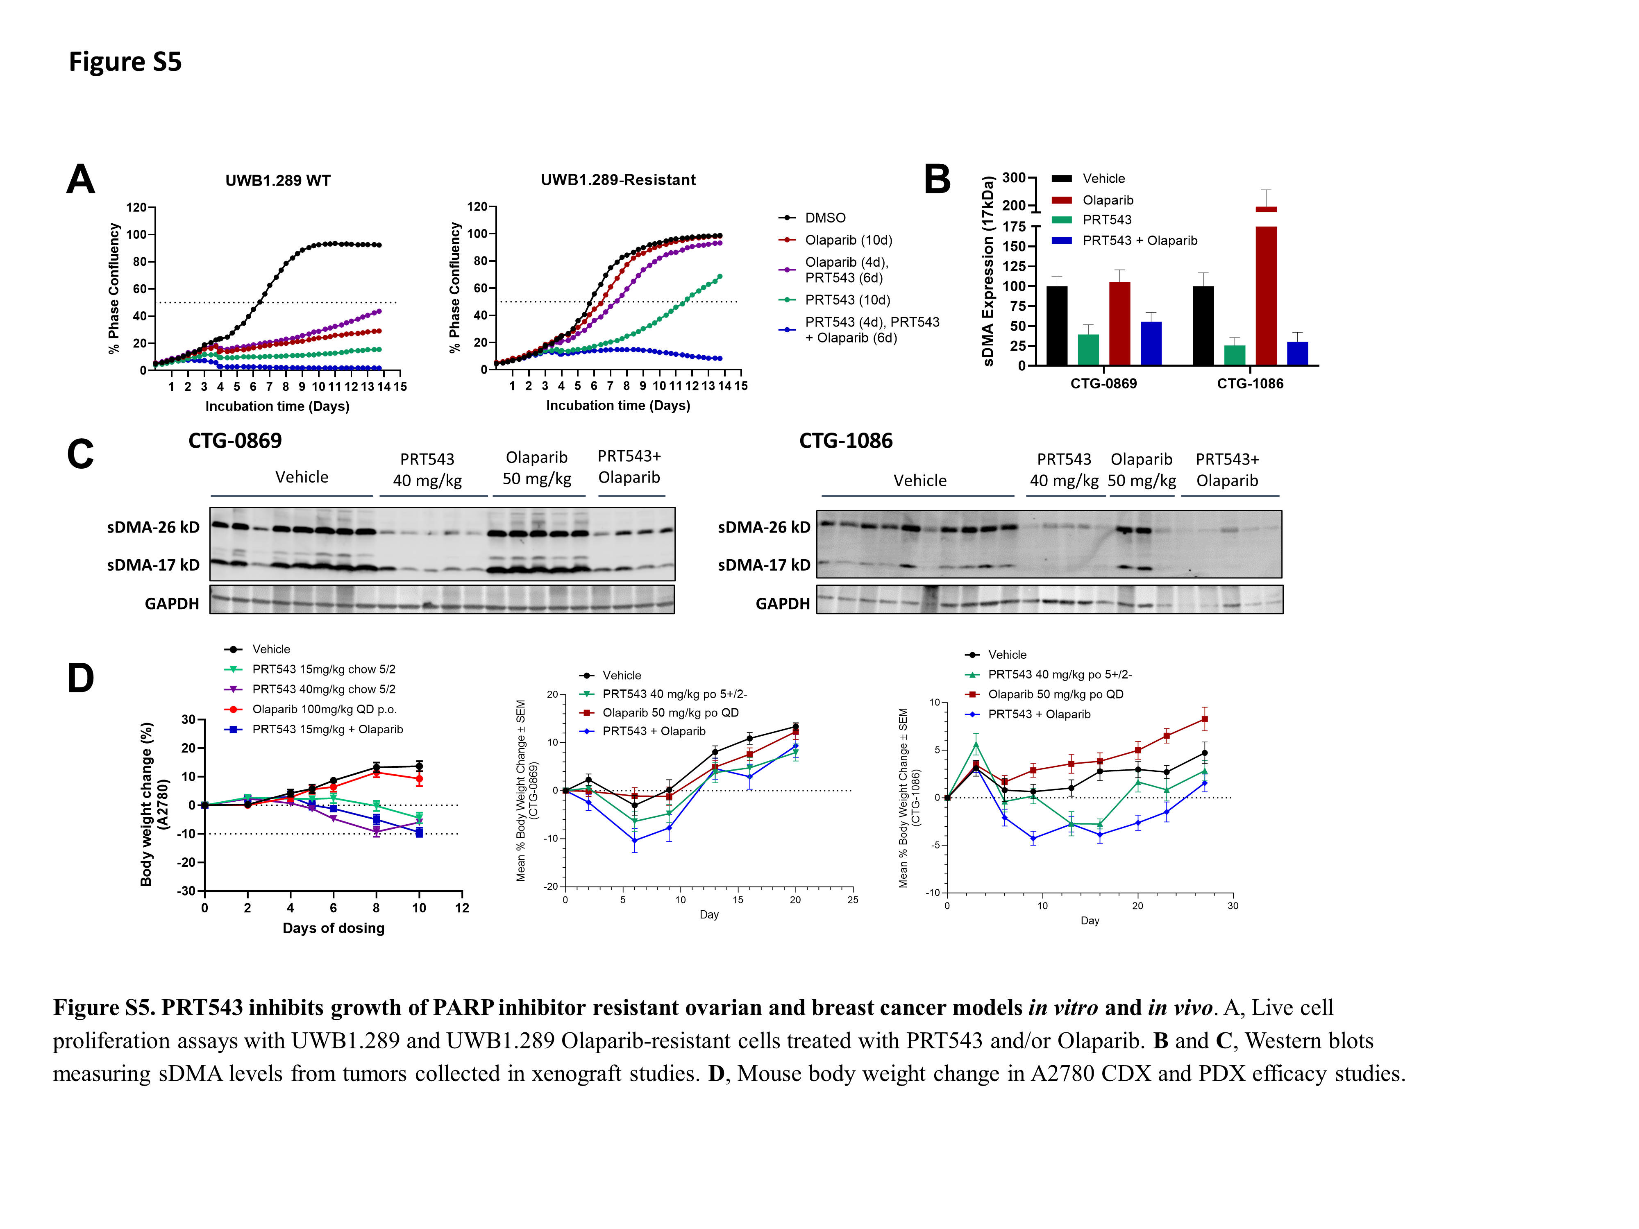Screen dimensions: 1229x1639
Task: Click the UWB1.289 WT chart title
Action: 278,181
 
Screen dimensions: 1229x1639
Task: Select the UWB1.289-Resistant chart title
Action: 618,180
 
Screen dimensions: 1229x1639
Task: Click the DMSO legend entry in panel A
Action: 825,218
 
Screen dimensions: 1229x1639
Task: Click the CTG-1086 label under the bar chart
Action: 1250,384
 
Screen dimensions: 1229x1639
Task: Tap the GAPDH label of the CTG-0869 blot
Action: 172,604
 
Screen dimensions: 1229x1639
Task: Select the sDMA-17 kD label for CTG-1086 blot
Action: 763,565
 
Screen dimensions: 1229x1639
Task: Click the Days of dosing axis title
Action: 334,928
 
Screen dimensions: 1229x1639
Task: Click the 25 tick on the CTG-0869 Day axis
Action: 852,900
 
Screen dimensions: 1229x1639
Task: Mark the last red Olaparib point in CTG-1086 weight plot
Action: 1205,719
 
